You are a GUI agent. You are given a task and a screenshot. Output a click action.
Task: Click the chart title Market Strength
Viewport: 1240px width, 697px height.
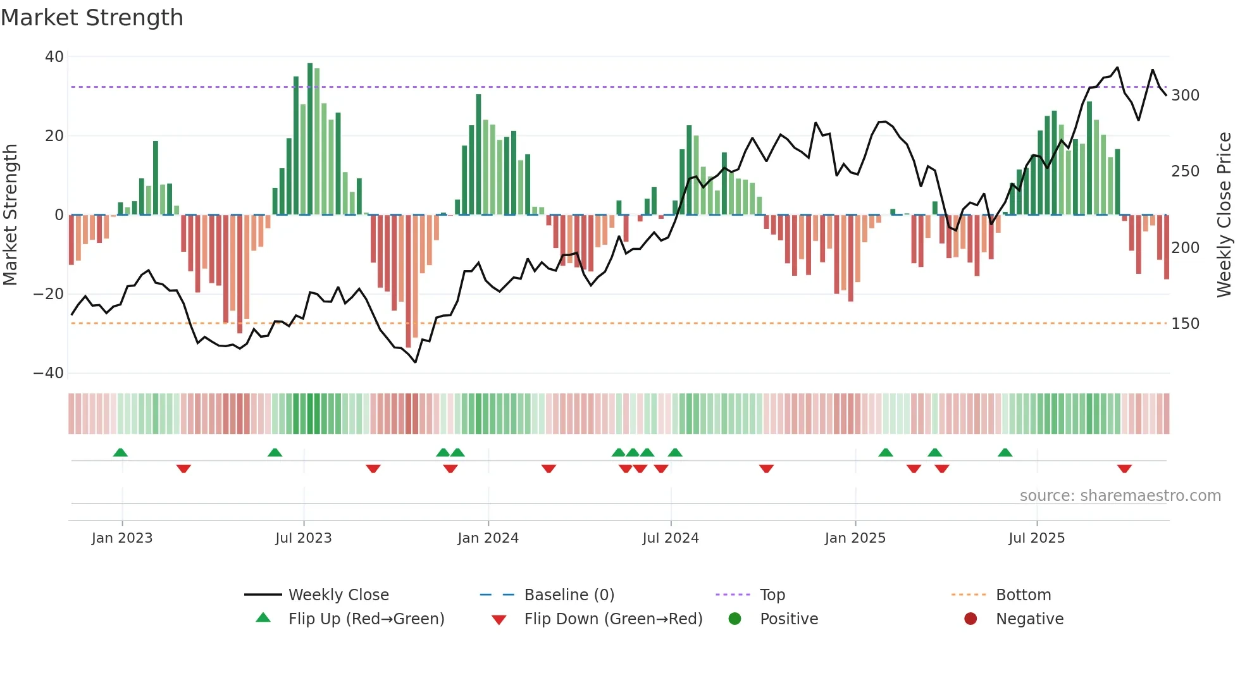92,18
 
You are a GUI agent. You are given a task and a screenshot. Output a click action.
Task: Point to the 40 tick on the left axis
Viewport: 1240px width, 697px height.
54,57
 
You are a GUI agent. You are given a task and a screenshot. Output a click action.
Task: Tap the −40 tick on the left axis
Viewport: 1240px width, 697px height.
49,373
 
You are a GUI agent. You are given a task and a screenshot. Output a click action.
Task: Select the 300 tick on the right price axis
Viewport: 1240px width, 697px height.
1185,96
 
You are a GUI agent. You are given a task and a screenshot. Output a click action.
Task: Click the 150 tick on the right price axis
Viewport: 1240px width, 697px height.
1185,324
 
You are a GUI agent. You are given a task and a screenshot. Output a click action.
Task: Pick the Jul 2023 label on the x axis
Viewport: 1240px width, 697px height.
303,538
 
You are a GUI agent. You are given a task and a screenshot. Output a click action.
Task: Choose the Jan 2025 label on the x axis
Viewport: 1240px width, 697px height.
855,538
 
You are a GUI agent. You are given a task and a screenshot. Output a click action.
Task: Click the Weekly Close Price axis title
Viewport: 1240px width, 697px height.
1224,215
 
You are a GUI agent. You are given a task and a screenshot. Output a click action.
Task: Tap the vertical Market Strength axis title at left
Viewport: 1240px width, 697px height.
11,215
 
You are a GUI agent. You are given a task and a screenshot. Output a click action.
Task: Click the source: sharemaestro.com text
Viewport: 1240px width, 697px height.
1120,496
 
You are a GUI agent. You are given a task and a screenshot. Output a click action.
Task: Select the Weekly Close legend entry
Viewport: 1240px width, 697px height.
338,595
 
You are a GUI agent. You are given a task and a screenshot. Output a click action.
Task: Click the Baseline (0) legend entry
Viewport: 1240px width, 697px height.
569,595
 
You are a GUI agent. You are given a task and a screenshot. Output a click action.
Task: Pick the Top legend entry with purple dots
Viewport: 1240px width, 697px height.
772,595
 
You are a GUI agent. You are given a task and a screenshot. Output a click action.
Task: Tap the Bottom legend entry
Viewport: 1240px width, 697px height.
1023,595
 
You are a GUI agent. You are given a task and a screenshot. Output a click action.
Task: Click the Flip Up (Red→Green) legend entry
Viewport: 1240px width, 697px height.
366,619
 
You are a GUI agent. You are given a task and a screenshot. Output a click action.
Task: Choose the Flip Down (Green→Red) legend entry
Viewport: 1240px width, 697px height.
612,619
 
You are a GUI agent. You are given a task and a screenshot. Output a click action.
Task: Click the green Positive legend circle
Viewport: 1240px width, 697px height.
735,619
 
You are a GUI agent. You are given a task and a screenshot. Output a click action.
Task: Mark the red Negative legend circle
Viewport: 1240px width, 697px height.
970,619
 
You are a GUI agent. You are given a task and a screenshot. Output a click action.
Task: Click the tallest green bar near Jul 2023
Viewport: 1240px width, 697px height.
310,139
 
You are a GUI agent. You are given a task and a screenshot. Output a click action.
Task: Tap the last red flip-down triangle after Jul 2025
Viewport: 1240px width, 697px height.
1124,469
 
